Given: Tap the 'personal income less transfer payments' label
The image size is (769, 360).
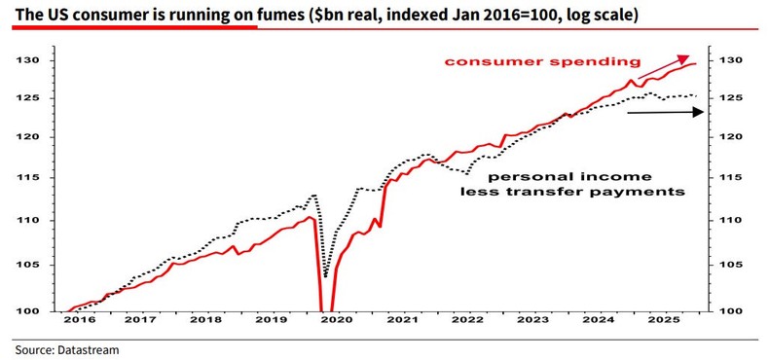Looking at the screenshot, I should [x=570, y=185].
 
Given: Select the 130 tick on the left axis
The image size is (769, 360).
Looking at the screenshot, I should [x=31, y=60].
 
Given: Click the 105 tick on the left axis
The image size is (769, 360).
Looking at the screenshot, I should [x=31, y=265].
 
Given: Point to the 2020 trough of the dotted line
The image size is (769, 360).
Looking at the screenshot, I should [x=326, y=275].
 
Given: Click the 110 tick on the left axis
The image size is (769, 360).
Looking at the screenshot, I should [x=31, y=221].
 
